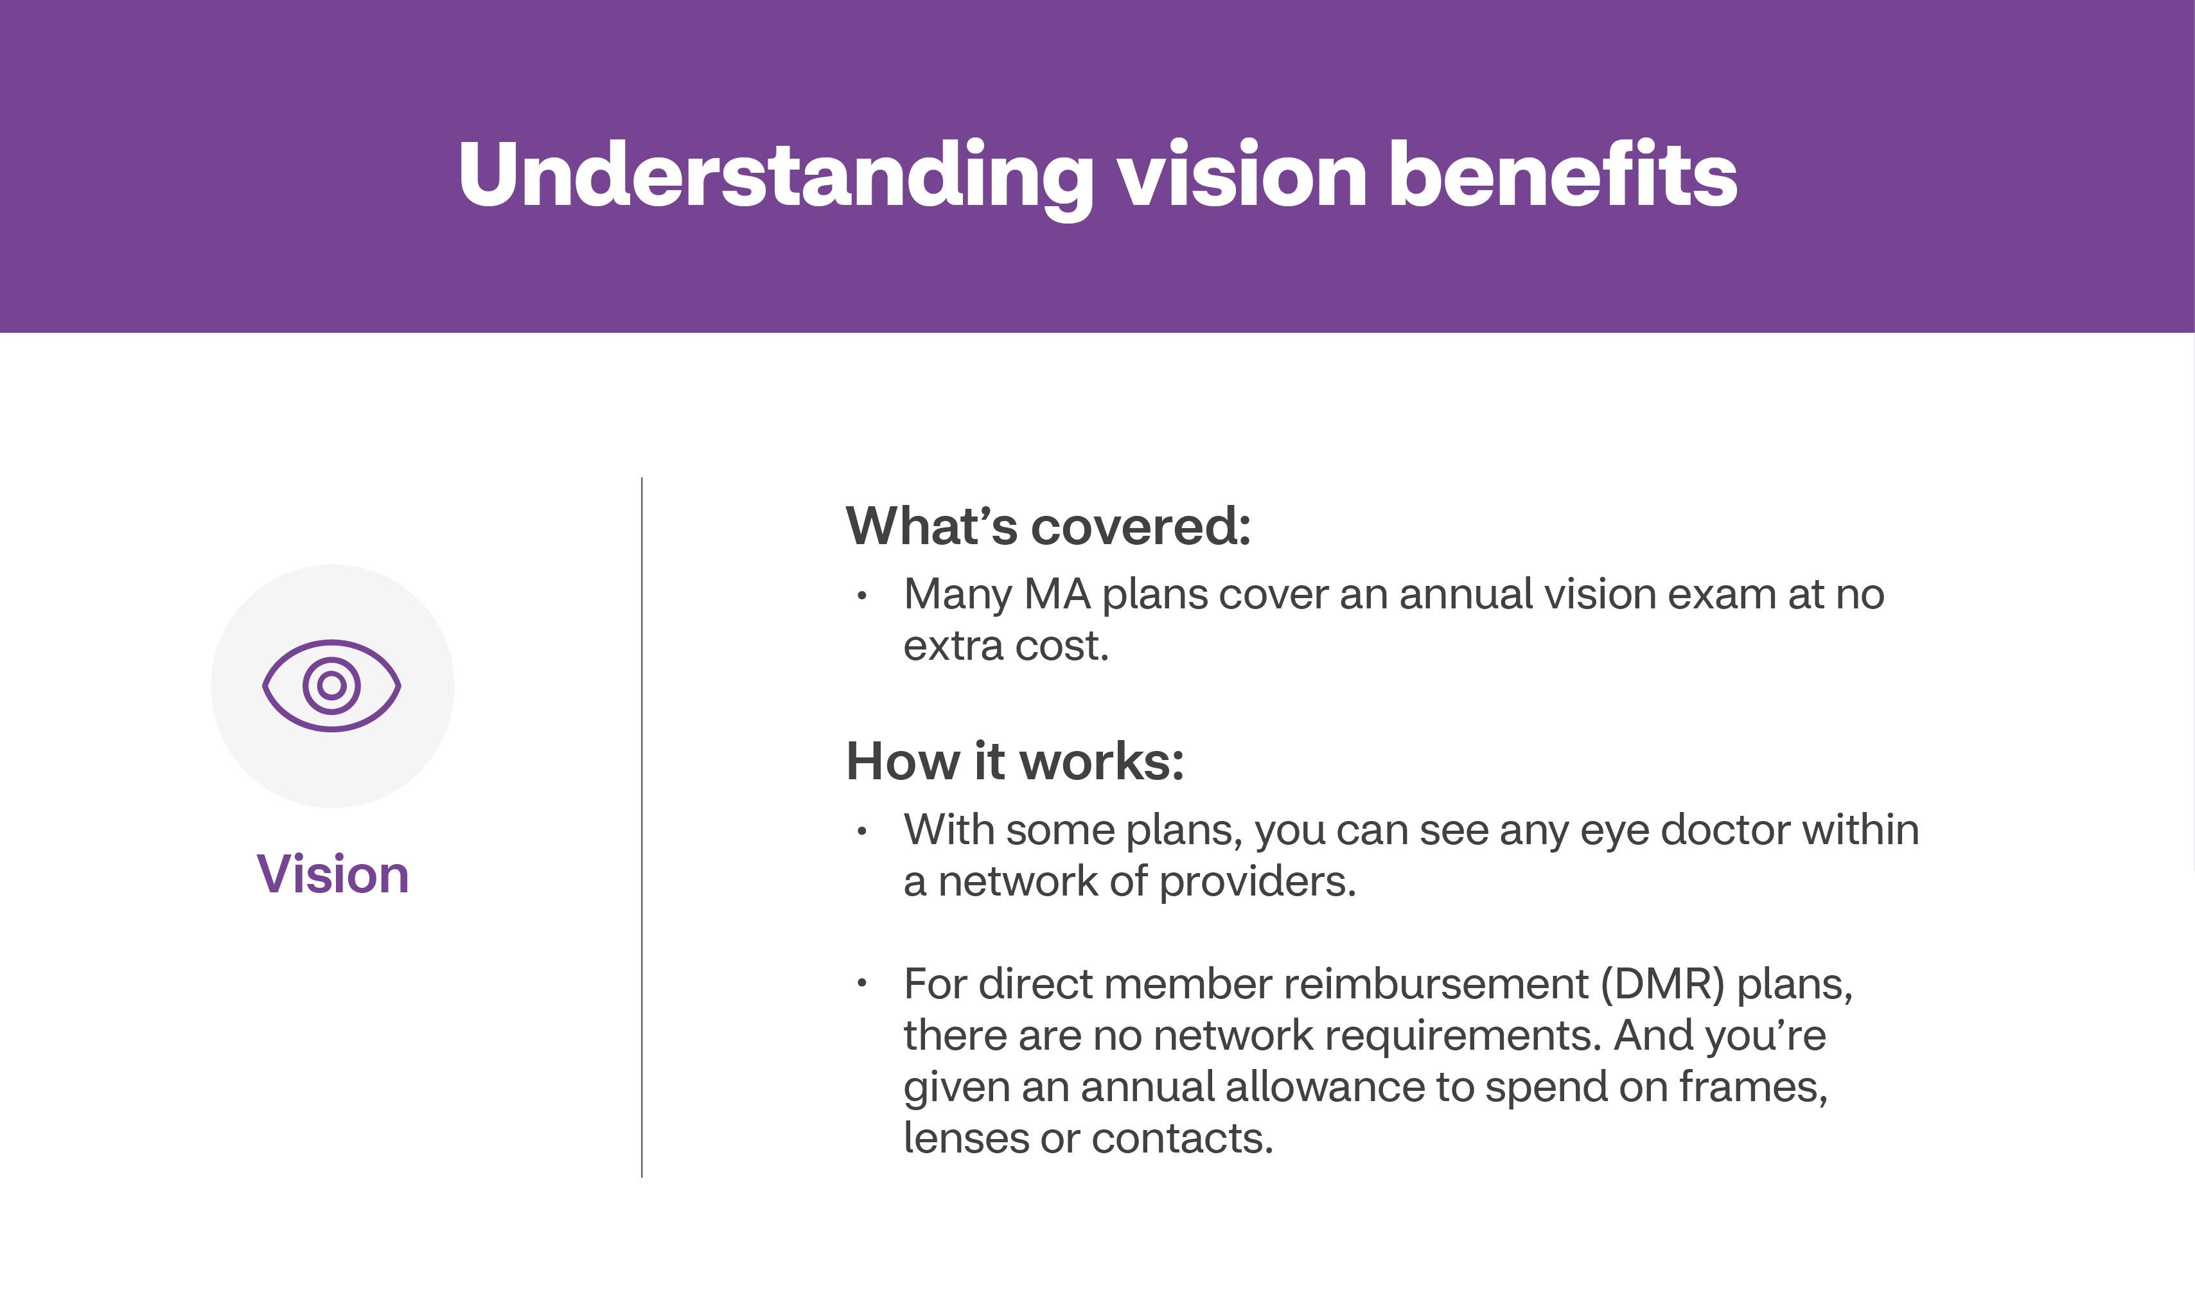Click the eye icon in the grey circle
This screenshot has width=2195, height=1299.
click(x=331, y=685)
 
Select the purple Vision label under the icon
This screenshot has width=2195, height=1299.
click(x=333, y=874)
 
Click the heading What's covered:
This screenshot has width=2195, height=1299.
click(x=1048, y=526)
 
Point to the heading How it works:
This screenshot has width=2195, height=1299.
click(x=1015, y=761)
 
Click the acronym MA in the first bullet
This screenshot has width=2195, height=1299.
click(x=1057, y=594)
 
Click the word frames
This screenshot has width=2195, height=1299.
click(x=1753, y=1087)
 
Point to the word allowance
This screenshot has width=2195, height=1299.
click(x=1326, y=1087)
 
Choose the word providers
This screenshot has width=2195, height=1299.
click(x=1258, y=881)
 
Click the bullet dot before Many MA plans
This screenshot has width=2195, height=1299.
click(x=862, y=596)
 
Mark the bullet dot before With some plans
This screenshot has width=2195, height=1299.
click(x=862, y=831)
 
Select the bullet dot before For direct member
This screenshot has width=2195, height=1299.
click(x=862, y=983)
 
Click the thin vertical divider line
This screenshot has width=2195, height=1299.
click(x=642, y=827)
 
